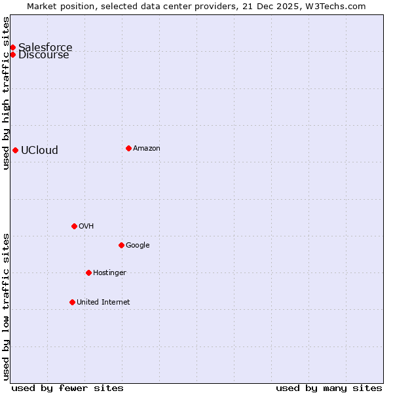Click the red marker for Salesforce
point(12,47)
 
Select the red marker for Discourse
point(12,54)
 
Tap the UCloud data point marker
point(15,150)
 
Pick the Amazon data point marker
point(128,148)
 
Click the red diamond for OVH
point(74,226)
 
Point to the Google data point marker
point(121,245)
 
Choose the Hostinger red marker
point(88,272)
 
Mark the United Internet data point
point(72,302)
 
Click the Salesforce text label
point(45,47)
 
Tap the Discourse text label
point(44,55)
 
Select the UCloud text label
point(39,150)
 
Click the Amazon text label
point(147,148)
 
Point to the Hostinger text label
point(109,272)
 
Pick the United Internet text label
point(103,302)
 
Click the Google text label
point(138,245)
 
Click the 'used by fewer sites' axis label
point(67,388)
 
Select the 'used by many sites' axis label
point(329,388)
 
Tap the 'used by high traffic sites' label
point(7,93)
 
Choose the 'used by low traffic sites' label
point(7,307)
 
